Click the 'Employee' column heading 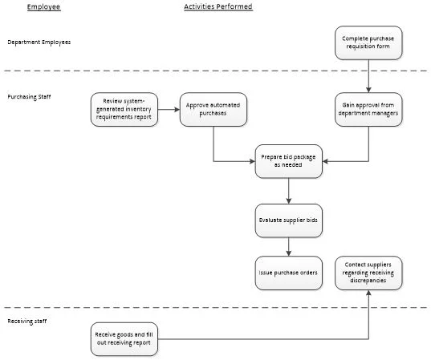point(43,7)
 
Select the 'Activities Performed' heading point(218,7)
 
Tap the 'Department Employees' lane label point(39,42)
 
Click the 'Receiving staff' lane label point(27,321)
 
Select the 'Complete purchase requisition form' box point(368,42)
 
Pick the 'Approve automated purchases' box point(213,109)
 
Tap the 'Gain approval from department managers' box point(368,109)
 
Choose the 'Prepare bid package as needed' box point(288,160)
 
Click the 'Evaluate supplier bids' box point(288,220)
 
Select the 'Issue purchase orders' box point(288,273)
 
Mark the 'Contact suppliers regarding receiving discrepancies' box point(368,273)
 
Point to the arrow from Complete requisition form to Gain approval point(368,76)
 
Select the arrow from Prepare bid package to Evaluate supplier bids point(288,191)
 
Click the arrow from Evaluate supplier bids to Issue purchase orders point(288,247)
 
